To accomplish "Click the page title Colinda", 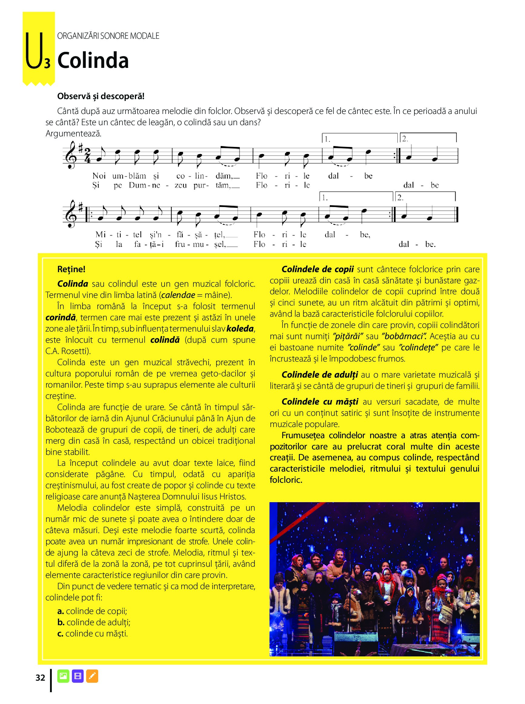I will [93, 61].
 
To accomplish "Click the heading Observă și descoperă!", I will [101, 96].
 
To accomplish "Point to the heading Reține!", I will [71, 269].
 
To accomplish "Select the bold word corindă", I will [61, 317].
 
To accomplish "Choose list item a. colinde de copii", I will [92, 611].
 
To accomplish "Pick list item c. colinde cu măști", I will [92, 633].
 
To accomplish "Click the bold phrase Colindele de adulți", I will [320, 375].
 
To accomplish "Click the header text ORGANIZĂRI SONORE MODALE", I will [108, 36].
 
